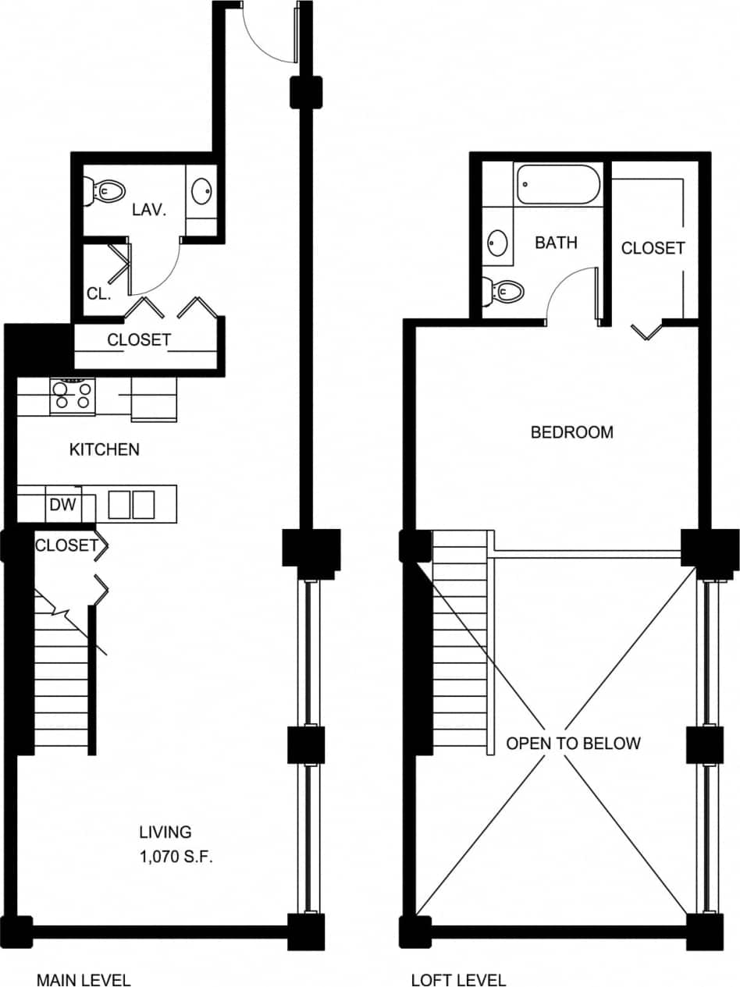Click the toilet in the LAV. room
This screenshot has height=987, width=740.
(x=108, y=190)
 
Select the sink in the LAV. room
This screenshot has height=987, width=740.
(x=201, y=190)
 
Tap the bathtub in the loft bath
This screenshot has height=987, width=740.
(x=557, y=184)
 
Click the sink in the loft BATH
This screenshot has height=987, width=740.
(x=496, y=243)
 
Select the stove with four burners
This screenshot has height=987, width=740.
(x=72, y=396)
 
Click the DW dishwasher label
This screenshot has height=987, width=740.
(x=62, y=505)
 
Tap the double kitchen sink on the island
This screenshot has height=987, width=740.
(x=130, y=504)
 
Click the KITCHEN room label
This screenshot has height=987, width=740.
(x=105, y=449)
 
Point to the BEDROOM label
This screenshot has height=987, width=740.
(x=571, y=431)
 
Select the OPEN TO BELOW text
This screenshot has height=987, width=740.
(x=573, y=743)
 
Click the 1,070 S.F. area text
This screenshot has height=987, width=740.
(x=176, y=857)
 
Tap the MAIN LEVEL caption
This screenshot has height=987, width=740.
(x=84, y=979)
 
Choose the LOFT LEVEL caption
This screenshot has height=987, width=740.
(x=458, y=979)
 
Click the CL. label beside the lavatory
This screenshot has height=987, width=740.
(x=99, y=295)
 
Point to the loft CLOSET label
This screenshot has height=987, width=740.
(x=653, y=247)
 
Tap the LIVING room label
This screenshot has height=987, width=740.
(x=165, y=832)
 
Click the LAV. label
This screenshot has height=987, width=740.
(x=149, y=211)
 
